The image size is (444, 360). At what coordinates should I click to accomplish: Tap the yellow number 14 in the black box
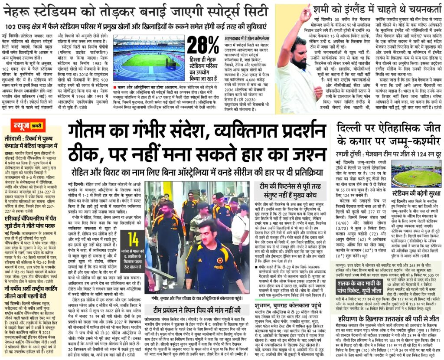coord(134,239)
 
